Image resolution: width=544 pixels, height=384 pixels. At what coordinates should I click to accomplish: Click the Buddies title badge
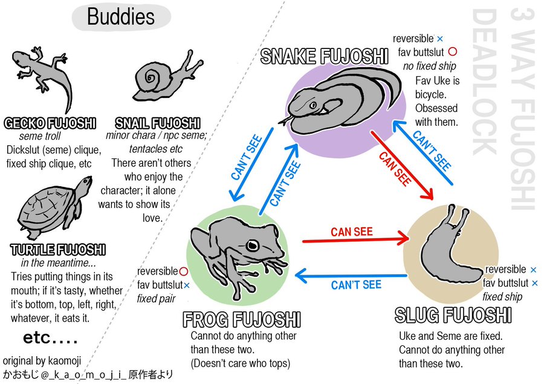click(121, 17)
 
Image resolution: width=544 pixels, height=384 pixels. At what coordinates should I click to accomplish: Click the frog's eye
click(252, 245)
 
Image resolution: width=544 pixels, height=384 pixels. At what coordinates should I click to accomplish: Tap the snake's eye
click(313, 105)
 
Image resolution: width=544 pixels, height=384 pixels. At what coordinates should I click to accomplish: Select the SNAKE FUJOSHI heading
click(324, 56)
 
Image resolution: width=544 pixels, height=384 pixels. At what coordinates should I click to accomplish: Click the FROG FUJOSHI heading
click(241, 319)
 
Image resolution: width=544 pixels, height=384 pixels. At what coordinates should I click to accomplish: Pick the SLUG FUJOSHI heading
click(453, 315)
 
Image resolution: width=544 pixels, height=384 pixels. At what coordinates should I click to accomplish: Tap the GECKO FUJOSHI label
click(50, 123)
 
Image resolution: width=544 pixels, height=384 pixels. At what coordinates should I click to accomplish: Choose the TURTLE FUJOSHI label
click(58, 250)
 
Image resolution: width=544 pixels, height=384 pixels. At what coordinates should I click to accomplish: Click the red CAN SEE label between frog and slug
click(351, 232)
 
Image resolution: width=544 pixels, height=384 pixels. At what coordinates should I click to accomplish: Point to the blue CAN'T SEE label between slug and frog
click(356, 285)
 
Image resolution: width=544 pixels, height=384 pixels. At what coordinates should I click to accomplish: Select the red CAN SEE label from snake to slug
click(395, 169)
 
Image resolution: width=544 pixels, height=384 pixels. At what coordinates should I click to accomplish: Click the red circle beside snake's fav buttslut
click(452, 52)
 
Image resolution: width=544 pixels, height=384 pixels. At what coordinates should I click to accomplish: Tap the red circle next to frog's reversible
click(184, 271)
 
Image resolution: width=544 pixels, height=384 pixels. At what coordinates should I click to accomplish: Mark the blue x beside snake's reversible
click(440, 39)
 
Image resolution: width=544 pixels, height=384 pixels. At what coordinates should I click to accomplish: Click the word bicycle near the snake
click(430, 94)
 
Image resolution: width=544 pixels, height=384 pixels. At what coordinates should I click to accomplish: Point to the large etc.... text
click(50, 337)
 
